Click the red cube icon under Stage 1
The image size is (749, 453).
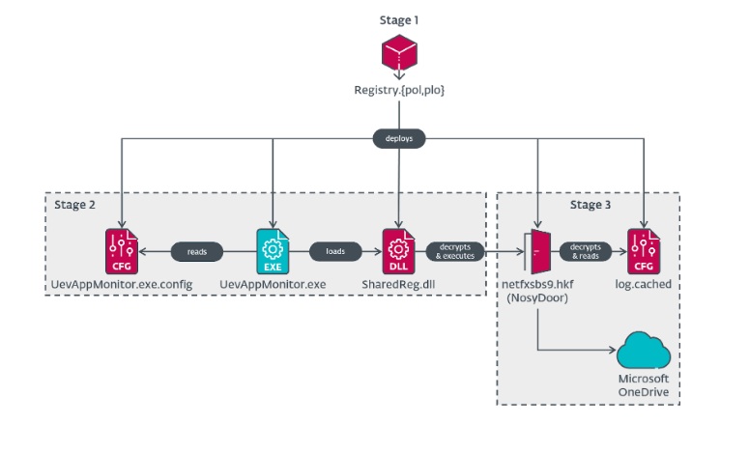[x=398, y=52]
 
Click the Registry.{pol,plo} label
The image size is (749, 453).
[x=398, y=91]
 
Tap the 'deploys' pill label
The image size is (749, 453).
[x=398, y=139]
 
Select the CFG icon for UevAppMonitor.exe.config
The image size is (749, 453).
[x=122, y=251]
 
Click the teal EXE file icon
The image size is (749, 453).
[x=274, y=251]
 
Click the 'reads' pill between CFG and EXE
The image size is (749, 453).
[x=196, y=251]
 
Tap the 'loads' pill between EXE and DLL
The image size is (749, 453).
[x=335, y=251]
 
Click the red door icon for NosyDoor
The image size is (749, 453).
[x=537, y=251]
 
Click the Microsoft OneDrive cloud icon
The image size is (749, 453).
[x=644, y=351]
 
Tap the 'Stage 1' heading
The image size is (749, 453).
[x=398, y=19]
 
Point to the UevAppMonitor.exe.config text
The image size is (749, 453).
[x=122, y=285]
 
